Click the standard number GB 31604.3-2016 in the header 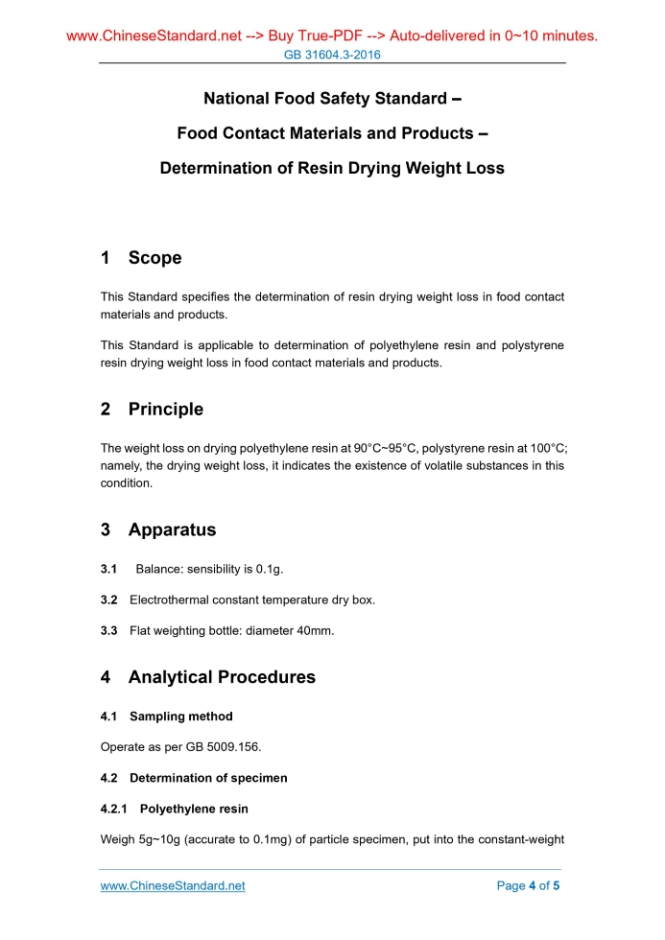[332, 55]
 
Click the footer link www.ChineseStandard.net [173, 885]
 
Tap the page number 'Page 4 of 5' [528, 885]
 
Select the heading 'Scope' [154, 258]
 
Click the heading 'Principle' [165, 410]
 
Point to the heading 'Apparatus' [172, 530]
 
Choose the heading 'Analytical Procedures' [222, 677]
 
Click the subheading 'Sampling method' [180, 717]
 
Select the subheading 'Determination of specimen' [208, 778]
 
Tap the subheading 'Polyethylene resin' [194, 809]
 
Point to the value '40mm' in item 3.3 [314, 631]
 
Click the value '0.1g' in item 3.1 [269, 570]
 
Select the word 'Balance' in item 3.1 [159, 570]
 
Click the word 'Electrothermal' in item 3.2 [169, 600]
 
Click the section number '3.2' [108, 600]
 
